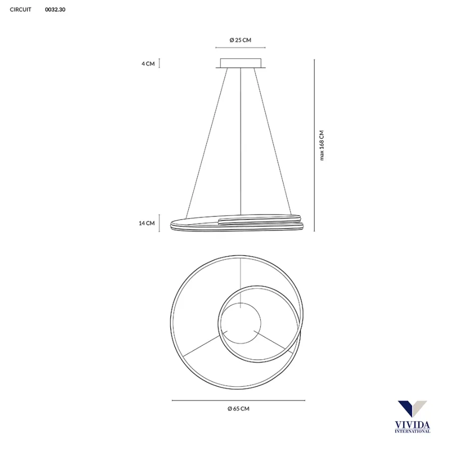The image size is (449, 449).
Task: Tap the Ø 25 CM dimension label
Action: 240,40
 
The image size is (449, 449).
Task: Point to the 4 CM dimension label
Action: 148,64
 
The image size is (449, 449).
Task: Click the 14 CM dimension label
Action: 147,224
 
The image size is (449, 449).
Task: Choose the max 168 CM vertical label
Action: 322,145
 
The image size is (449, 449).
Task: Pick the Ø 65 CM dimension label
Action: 238,409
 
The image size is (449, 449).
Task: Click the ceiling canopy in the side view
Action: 240,63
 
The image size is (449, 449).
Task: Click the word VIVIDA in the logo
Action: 412,425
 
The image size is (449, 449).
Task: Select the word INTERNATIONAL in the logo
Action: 412,431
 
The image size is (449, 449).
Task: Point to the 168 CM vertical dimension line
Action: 314,145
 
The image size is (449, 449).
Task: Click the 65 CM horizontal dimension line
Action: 238,400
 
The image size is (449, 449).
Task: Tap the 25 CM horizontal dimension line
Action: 240,48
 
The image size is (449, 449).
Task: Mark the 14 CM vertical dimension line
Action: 160,224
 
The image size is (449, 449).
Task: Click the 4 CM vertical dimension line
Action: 160,63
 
